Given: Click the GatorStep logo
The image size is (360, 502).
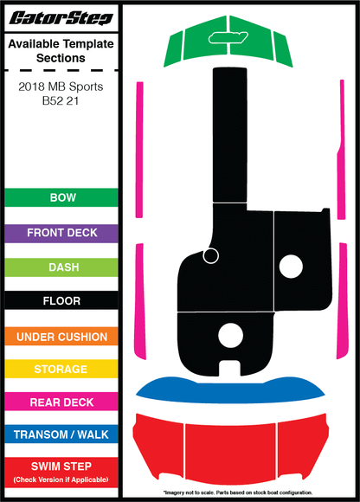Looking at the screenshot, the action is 61,18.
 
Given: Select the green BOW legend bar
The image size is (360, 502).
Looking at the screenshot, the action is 61,197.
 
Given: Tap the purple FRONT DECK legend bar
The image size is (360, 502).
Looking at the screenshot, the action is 61,233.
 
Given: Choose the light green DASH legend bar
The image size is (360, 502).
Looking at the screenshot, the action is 61,267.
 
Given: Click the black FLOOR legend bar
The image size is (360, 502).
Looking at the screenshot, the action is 61,300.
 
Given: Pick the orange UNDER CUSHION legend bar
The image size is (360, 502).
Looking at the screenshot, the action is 61,336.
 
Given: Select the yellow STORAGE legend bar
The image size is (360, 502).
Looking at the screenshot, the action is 61,369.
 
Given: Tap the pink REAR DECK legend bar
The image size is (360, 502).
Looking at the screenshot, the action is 61,402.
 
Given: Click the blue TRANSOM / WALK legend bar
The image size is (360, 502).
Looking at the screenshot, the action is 61,434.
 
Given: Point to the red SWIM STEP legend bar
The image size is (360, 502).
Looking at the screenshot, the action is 61,473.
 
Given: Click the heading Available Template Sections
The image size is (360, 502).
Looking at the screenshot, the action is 61,51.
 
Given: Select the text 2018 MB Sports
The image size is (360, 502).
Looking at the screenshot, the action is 61,87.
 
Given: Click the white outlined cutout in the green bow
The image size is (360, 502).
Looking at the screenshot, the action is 228,38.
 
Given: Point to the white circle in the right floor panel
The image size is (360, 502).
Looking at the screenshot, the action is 291,267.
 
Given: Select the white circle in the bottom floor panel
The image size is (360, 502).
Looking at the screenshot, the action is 230,335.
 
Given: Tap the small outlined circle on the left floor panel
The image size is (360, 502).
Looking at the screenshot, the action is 211,256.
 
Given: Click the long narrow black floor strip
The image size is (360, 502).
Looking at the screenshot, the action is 230,135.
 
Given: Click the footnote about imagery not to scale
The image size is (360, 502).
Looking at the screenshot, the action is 238,492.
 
